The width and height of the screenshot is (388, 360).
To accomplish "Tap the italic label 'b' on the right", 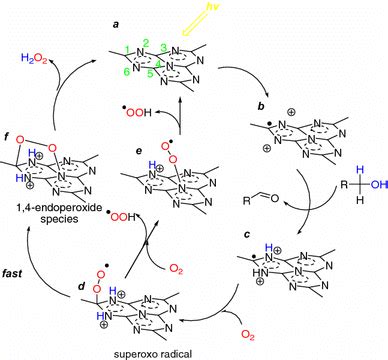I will coord(261,107).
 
